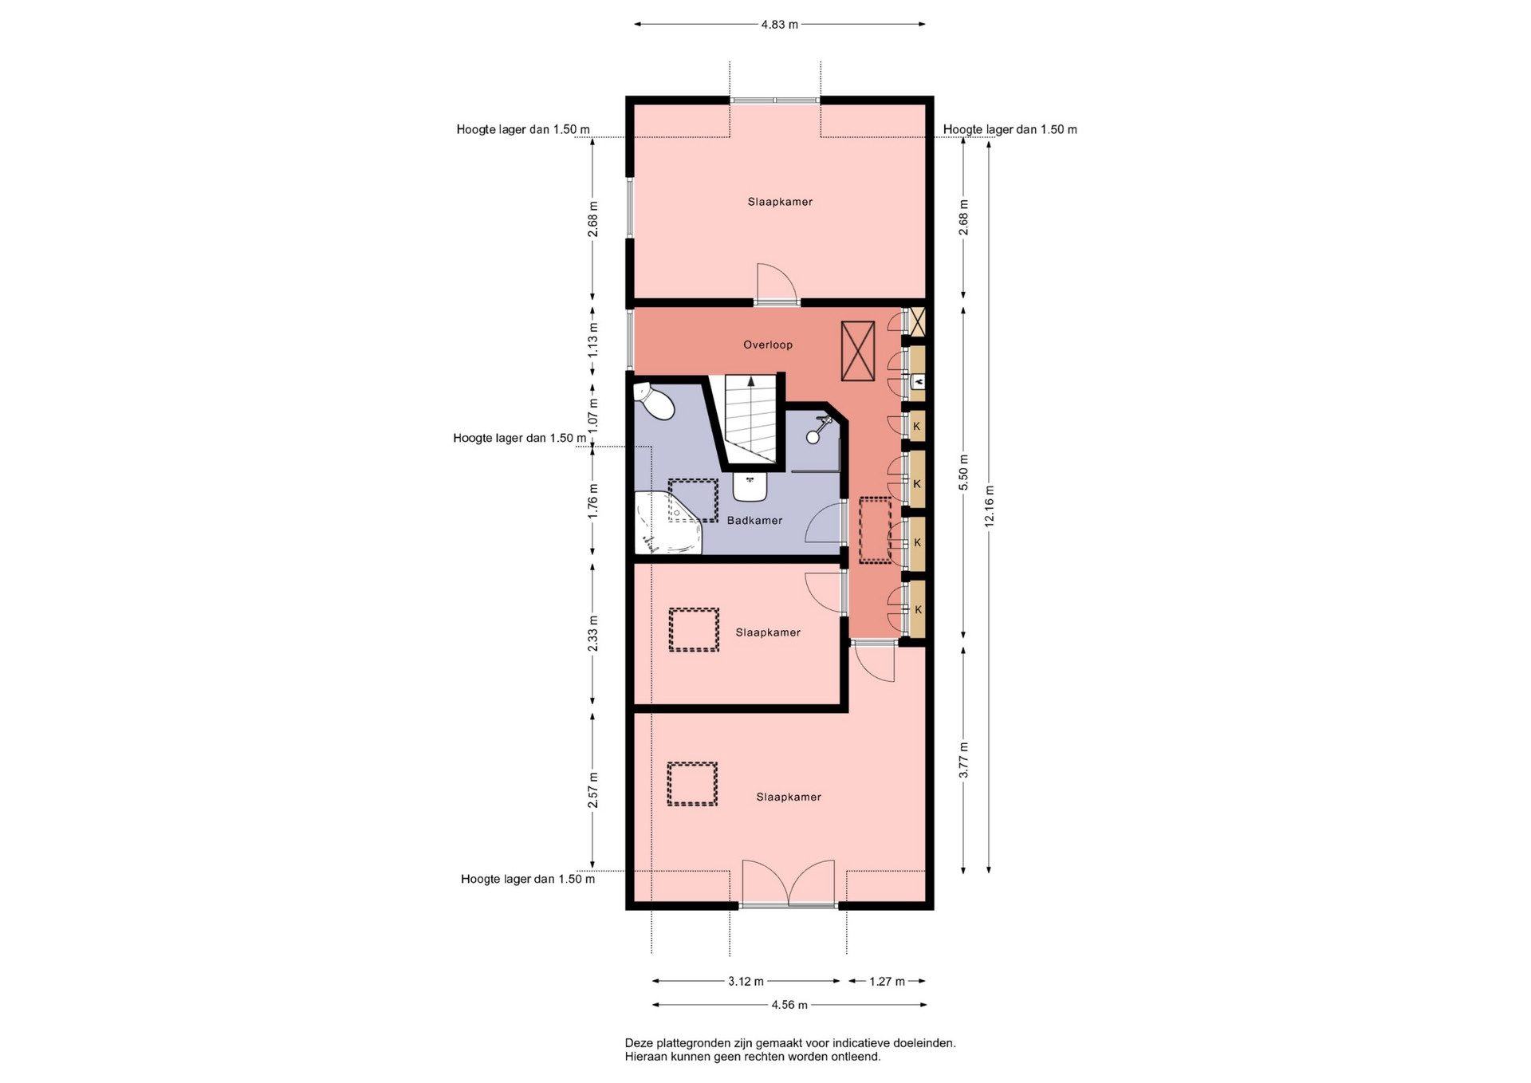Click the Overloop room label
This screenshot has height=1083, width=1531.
[x=768, y=345]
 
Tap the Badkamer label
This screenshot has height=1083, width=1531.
[x=754, y=520]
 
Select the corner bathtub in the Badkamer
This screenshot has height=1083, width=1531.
[x=667, y=522]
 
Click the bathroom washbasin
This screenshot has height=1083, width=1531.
[x=750, y=486]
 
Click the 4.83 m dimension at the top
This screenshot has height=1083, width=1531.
[x=779, y=25]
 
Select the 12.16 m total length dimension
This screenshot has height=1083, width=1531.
[x=990, y=506]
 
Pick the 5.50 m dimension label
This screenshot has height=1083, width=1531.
[x=963, y=472]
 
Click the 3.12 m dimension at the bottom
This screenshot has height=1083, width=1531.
[x=746, y=982]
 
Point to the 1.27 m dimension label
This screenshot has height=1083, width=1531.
[x=887, y=982]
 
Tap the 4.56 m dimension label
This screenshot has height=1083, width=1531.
[x=789, y=1005]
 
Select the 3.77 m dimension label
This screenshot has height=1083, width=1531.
[x=963, y=760]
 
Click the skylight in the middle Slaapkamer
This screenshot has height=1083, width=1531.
[x=694, y=630]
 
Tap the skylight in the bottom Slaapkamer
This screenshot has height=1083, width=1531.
[x=692, y=784]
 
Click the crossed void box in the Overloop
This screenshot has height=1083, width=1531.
[x=858, y=351]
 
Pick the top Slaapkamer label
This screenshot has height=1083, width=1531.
[x=780, y=202]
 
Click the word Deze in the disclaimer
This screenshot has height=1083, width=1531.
[x=639, y=1042]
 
